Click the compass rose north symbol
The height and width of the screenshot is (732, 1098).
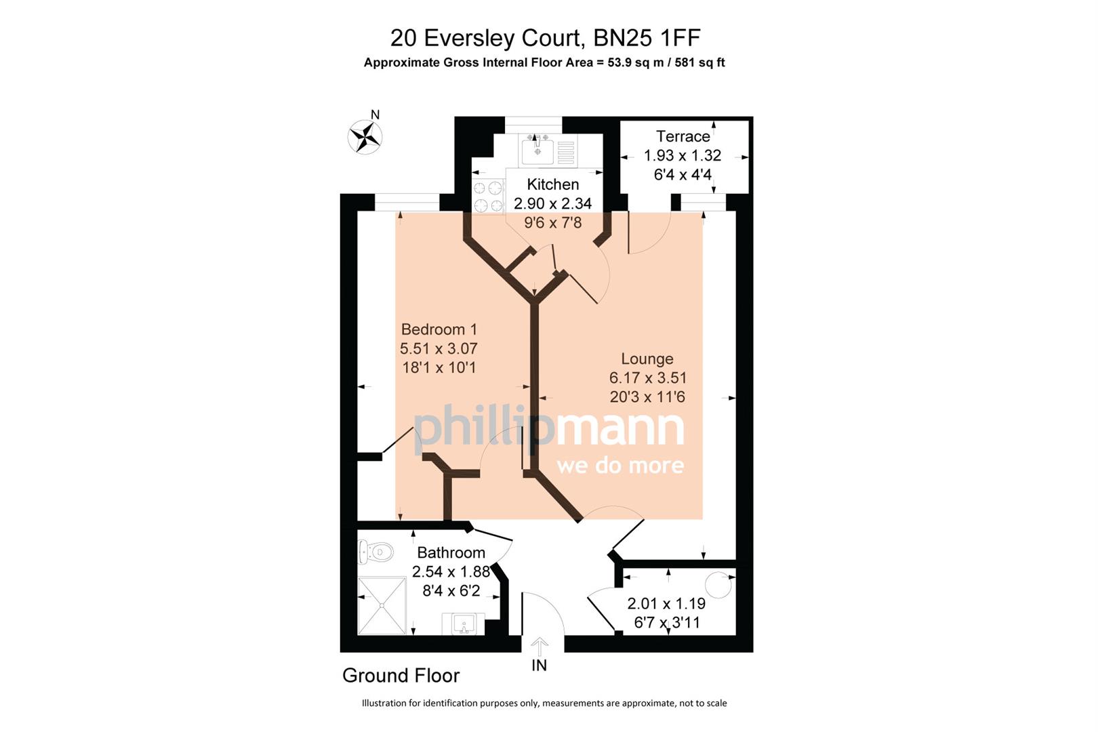click(365, 136)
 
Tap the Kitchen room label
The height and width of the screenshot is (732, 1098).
click(552, 184)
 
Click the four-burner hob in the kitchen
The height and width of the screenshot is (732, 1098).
click(488, 197)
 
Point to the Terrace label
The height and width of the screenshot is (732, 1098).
click(683, 136)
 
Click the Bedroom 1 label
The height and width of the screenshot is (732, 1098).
click(439, 329)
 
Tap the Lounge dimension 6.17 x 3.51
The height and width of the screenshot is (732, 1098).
click(647, 378)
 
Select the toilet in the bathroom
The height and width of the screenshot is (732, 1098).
click(375, 552)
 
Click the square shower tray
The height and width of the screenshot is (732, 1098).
click(382, 605)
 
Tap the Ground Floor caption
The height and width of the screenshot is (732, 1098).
click(401, 676)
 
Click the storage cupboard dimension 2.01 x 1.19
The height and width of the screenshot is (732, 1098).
click(666, 603)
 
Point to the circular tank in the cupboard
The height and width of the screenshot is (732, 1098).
click(718, 584)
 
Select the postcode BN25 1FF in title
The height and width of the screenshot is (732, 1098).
click(647, 38)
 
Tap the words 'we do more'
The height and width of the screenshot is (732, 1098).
click(619, 466)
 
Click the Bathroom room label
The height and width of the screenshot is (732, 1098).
click(451, 552)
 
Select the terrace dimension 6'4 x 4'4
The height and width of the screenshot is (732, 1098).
click(683, 175)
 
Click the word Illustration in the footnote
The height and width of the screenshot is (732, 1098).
click(384, 704)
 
